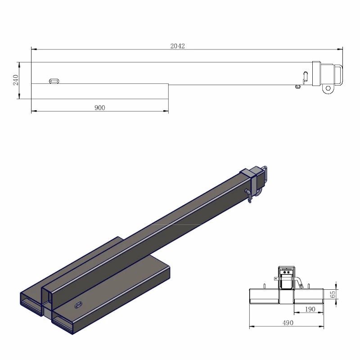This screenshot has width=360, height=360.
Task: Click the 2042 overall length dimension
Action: pos(178,46)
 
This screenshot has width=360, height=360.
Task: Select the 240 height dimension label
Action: pos(16,80)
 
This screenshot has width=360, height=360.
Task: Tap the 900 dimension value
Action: pos(99,108)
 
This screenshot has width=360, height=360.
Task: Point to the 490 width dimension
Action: pos(288,323)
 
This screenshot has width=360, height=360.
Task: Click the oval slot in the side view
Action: pos(54,81)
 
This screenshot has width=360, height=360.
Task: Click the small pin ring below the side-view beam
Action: pos(297,86)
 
